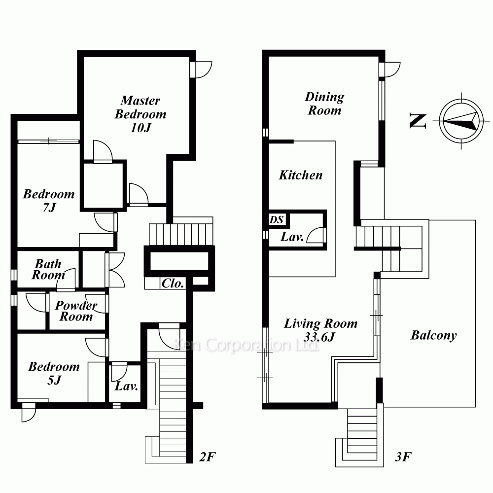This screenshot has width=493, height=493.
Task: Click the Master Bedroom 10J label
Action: click(x=141, y=114)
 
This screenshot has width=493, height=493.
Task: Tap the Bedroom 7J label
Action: click(x=49, y=201)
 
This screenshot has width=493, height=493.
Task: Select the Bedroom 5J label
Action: click(x=54, y=373)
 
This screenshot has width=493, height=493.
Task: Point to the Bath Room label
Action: click(x=48, y=269)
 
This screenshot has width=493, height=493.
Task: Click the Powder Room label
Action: click(x=76, y=311)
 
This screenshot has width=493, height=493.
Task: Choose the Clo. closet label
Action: click(x=173, y=283)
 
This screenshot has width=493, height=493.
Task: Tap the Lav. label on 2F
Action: click(x=126, y=386)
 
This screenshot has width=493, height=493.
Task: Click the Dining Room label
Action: click(x=324, y=104)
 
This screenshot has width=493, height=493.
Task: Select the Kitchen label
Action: click(x=301, y=175)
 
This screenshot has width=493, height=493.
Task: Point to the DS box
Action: click(x=277, y=219)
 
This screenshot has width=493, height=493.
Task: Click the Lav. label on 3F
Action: click(x=292, y=237)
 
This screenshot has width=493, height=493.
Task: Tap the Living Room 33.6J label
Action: click(x=321, y=330)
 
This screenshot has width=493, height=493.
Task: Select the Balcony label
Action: click(x=433, y=335)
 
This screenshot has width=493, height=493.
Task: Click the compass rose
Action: click(x=461, y=121)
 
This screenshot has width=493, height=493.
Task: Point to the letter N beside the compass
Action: click(x=418, y=121)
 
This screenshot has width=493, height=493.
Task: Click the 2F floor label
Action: click(x=208, y=457)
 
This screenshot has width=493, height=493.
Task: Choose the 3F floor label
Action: click(x=403, y=457)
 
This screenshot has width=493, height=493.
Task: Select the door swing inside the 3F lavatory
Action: click(x=316, y=235)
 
